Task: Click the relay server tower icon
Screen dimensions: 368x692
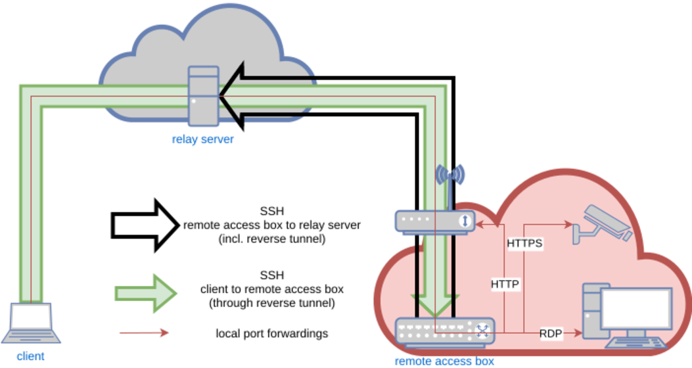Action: pyautogui.click(x=203, y=96)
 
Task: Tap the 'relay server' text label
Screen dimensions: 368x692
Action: pyautogui.click(x=202, y=139)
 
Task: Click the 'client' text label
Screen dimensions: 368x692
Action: pyautogui.click(x=30, y=356)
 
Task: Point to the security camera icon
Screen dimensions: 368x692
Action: pyautogui.click(x=602, y=224)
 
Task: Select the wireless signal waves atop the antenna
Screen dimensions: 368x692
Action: pyautogui.click(x=450, y=175)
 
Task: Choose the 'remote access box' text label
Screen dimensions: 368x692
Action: pyautogui.click(x=444, y=361)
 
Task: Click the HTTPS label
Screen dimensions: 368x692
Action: pyautogui.click(x=524, y=244)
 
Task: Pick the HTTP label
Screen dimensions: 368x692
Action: pyautogui.click(x=505, y=285)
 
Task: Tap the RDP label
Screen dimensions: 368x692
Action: pyautogui.click(x=550, y=333)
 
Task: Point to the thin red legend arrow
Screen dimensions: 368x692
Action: pyautogui.click(x=144, y=333)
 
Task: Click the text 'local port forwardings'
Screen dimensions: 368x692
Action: pyautogui.click(x=271, y=333)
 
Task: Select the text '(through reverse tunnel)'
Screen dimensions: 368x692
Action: pyautogui.click(x=272, y=304)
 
